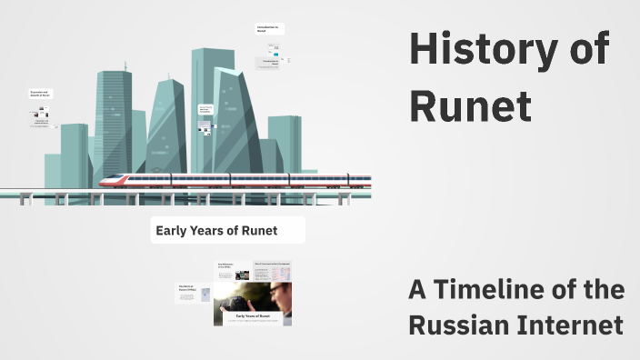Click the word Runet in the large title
click(x=470, y=105)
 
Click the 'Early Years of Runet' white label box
click(x=227, y=231)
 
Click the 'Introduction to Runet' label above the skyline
click(x=269, y=29)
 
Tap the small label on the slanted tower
click(x=205, y=110)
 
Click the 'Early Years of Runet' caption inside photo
click(x=252, y=315)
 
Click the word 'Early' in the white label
click(x=172, y=231)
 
